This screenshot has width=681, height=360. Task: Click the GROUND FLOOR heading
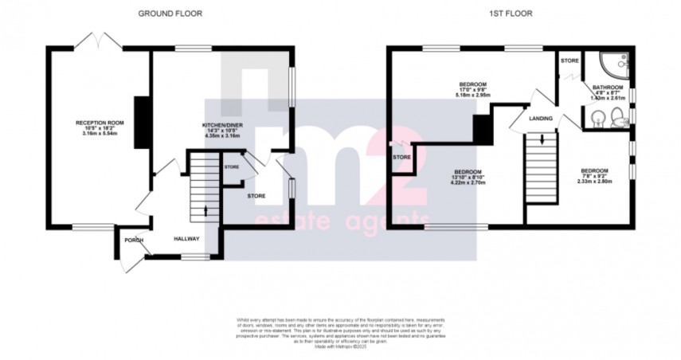tap(170, 14)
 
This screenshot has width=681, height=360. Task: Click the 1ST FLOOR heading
tap(510, 14)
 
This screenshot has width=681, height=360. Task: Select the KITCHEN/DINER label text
tap(222, 126)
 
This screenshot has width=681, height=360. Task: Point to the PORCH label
tap(132, 239)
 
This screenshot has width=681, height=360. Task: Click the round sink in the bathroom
tap(597, 121)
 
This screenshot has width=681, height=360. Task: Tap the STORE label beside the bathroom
tap(569, 61)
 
